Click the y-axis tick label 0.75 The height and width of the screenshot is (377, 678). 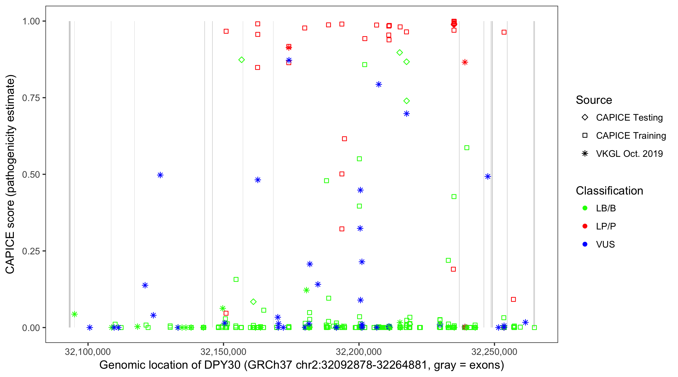(31, 98)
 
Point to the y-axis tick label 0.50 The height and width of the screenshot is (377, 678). (31, 174)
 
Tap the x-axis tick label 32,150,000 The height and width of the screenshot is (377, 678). (223, 352)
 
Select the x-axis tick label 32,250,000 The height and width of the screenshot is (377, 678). (494, 352)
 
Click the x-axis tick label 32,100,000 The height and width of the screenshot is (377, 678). (88, 352)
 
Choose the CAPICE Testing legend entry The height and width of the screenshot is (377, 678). (629, 118)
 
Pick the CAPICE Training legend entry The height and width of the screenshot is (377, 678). (631, 136)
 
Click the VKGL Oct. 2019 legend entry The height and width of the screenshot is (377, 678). (629, 154)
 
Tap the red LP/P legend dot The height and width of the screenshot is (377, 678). (585, 226)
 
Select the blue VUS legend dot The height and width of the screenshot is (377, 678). (585, 244)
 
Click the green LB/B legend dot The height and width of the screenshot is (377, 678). (585, 208)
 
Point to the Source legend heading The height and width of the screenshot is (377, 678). (594, 100)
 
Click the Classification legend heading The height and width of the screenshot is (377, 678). (609, 191)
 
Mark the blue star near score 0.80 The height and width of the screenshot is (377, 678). (378, 84)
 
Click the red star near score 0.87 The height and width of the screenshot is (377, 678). (465, 62)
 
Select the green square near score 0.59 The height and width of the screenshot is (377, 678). (467, 148)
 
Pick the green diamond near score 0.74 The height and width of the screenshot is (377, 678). (406, 101)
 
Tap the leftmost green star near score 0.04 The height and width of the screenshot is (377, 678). (75, 314)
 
